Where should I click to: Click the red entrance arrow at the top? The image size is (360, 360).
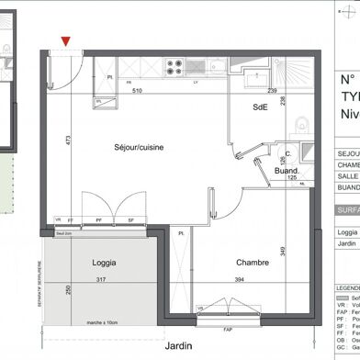[65, 39]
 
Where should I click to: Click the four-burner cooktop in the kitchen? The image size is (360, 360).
[174, 65]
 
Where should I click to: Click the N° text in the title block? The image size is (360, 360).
[346, 80]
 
